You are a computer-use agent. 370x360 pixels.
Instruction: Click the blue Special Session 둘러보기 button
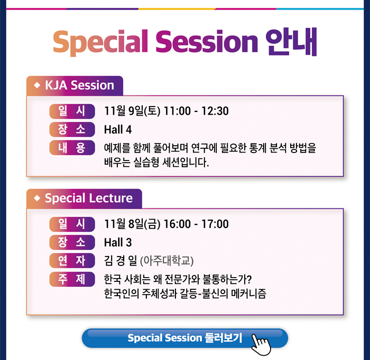(185, 338)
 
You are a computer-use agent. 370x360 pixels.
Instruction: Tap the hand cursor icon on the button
(261, 345)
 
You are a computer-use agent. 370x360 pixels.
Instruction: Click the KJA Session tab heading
(75, 86)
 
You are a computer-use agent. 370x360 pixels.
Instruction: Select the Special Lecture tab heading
(84, 198)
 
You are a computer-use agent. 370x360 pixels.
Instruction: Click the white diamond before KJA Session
(37, 85)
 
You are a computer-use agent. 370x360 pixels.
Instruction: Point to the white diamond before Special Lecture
(37, 198)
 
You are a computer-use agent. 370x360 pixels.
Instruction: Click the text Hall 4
(118, 129)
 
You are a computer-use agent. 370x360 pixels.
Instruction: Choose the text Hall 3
(118, 242)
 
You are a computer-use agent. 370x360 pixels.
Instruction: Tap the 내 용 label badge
(72, 148)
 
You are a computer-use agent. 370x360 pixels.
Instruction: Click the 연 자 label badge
(72, 261)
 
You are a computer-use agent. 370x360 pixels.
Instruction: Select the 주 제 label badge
(72, 279)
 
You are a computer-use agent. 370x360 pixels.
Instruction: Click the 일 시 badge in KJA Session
(72, 111)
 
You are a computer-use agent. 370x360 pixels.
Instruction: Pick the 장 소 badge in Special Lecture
(72, 242)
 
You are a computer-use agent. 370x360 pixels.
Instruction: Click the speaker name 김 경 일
(121, 261)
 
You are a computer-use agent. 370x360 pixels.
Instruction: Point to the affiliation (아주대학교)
(167, 261)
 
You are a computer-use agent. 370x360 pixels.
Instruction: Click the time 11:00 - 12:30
(196, 111)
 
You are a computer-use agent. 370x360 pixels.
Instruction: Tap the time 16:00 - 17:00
(196, 224)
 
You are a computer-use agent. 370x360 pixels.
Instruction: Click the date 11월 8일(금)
(132, 224)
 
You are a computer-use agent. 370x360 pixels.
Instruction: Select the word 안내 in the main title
(291, 42)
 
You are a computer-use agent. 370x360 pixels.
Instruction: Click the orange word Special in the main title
(100, 42)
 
